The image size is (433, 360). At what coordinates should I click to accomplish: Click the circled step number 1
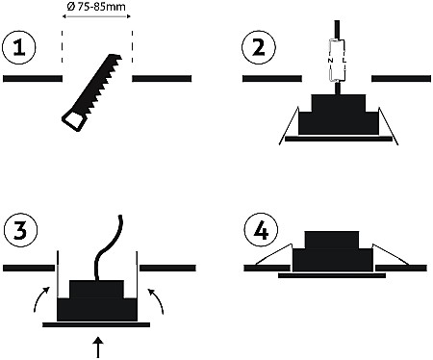tap(19, 47)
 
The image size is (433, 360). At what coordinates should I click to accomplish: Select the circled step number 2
tap(259, 47)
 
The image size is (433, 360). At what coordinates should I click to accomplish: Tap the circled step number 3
tap(20, 230)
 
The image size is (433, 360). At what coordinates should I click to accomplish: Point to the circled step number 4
tap(261, 230)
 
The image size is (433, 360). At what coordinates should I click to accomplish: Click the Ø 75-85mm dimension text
tap(96, 7)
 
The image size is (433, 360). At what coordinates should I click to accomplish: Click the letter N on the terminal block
tap(330, 61)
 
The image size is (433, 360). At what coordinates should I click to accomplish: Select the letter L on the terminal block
tap(344, 61)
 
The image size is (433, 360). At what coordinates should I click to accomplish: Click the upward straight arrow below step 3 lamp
tap(99, 347)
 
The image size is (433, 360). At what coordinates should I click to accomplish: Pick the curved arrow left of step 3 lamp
tap(41, 299)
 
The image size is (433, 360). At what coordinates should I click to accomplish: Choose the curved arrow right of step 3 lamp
tap(156, 301)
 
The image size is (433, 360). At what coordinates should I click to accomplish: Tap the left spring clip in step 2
tap(289, 126)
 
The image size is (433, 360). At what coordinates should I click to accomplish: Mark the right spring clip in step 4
tap(391, 254)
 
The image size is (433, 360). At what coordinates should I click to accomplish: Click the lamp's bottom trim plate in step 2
tap(339, 139)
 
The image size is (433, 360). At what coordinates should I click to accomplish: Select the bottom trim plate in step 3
tap(96, 325)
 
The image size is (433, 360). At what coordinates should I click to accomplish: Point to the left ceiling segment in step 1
tap(33, 79)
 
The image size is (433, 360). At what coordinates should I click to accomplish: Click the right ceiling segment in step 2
tap(401, 79)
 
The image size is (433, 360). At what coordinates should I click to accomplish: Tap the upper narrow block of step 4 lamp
tap(332, 240)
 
